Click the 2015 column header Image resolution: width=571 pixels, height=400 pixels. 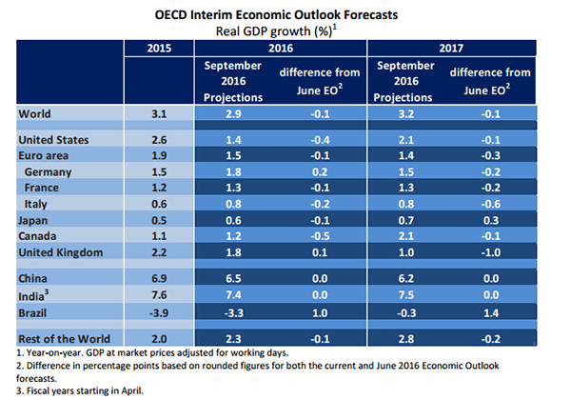click(x=159, y=48)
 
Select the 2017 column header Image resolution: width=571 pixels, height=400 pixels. click(x=451, y=48)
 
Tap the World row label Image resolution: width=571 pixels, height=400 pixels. click(x=34, y=114)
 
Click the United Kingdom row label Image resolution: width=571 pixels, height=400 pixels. click(x=61, y=252)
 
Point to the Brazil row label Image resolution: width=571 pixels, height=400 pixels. click(x=32, y=313)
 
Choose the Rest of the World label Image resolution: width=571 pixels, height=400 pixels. click(x=64, y=339)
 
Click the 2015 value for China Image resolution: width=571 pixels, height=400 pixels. click(x=159, y=279)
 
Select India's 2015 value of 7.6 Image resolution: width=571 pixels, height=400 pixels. click(x=159, y=294)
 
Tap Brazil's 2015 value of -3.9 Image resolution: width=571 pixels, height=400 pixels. click(x=159, y=313)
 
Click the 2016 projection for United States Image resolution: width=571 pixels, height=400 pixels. click(x=233, y=140)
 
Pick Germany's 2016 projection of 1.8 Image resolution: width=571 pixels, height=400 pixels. click(x=233, y=172)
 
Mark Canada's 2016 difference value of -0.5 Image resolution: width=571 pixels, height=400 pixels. click(x=320, y=236)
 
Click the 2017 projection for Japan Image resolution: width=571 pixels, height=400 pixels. click(x=406, y=220)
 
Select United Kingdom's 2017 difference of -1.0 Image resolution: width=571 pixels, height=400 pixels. click(x=491, y=252)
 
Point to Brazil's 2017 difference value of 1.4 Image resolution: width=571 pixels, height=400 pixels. click(x=491, y=313)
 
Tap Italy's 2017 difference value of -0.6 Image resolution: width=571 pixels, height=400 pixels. click(x=491, y=204)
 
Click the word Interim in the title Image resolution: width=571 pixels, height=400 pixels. click(x=211, y=15)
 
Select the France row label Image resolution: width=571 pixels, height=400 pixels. click(x=42, y=188)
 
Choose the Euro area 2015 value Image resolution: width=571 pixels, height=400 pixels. click(x=159, y=156)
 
